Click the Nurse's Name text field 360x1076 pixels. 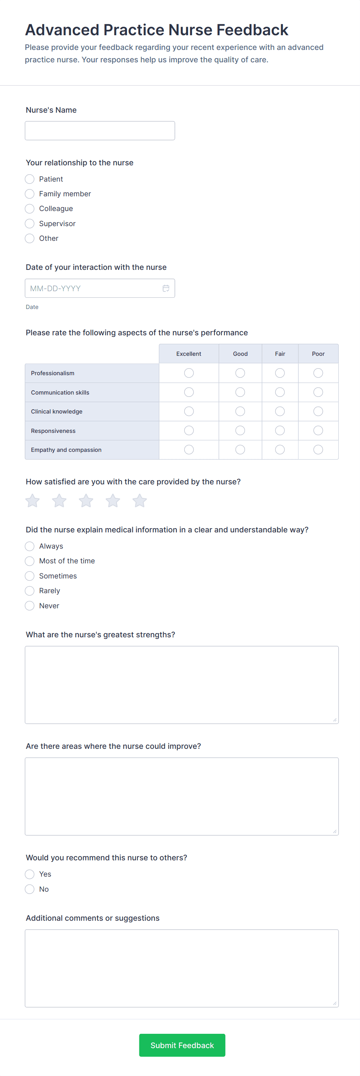[100, 131]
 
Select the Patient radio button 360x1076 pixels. [30, 179]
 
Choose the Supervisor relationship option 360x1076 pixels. [30, 223]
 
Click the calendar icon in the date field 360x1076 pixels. [166, 288]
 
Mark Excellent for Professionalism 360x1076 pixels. [189, 373]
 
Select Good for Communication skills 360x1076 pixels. [240, 392]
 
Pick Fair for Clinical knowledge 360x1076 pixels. [280, 412]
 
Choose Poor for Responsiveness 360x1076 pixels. [318, 431]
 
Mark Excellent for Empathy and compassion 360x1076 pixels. [189, 450]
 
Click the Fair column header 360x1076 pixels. [280, 354]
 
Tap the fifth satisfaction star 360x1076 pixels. [139, 500]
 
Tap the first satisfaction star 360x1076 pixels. [33, 500]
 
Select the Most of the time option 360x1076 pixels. [30, 561]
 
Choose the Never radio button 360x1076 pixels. [30, 606]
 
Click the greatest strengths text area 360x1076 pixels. [182, 685]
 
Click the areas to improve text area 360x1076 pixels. [182, 796]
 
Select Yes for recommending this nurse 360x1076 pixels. [30, 874]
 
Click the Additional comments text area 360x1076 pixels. [182, 968]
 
